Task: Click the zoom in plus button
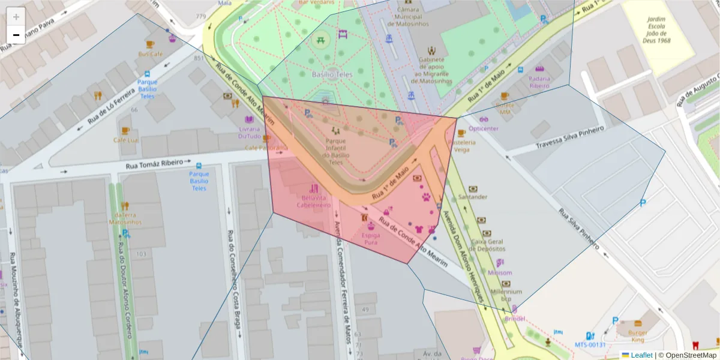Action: coord(16,17)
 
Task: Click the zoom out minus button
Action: coord(16,35)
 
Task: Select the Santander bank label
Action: coord(473,197)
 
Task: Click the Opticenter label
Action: coord(484,128)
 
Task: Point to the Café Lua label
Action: coord(125,140)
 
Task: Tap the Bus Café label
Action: coord(150,53)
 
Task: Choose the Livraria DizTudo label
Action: coord(249,132)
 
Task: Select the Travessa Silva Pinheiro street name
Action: coord(569,138)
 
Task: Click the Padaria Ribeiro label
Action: coord(539,82)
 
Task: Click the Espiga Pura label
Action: coord(371,239)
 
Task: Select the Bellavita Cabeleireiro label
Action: coord(313,201)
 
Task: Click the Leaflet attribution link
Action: coord(641,355)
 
